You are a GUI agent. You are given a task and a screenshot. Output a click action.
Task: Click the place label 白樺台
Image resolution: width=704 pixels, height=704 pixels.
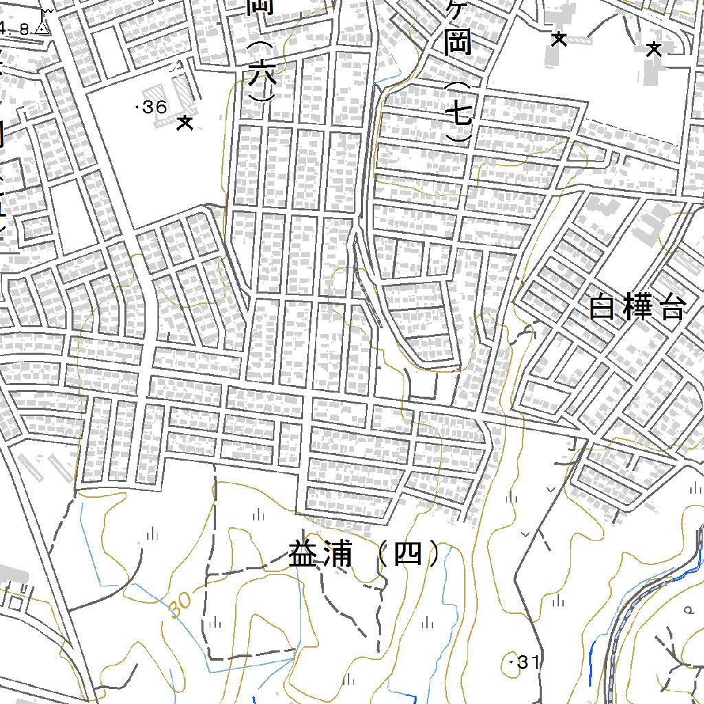(637, 308)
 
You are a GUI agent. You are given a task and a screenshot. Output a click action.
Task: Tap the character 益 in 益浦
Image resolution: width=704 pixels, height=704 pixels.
(302, 554)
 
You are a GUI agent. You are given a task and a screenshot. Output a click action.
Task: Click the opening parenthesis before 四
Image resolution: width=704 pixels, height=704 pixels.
(382, 554)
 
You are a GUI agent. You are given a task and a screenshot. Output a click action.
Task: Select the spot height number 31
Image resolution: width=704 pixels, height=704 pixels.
(527, 663)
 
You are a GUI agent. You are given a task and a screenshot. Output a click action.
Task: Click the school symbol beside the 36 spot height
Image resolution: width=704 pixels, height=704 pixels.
(184, 124)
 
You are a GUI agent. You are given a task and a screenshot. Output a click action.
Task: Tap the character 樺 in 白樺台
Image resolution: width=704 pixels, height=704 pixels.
(637, 308)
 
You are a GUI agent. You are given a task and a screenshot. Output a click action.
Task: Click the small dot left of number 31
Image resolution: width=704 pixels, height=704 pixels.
(512, 661)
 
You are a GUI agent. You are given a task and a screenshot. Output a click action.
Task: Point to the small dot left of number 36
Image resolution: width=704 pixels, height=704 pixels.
(140, 107)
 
